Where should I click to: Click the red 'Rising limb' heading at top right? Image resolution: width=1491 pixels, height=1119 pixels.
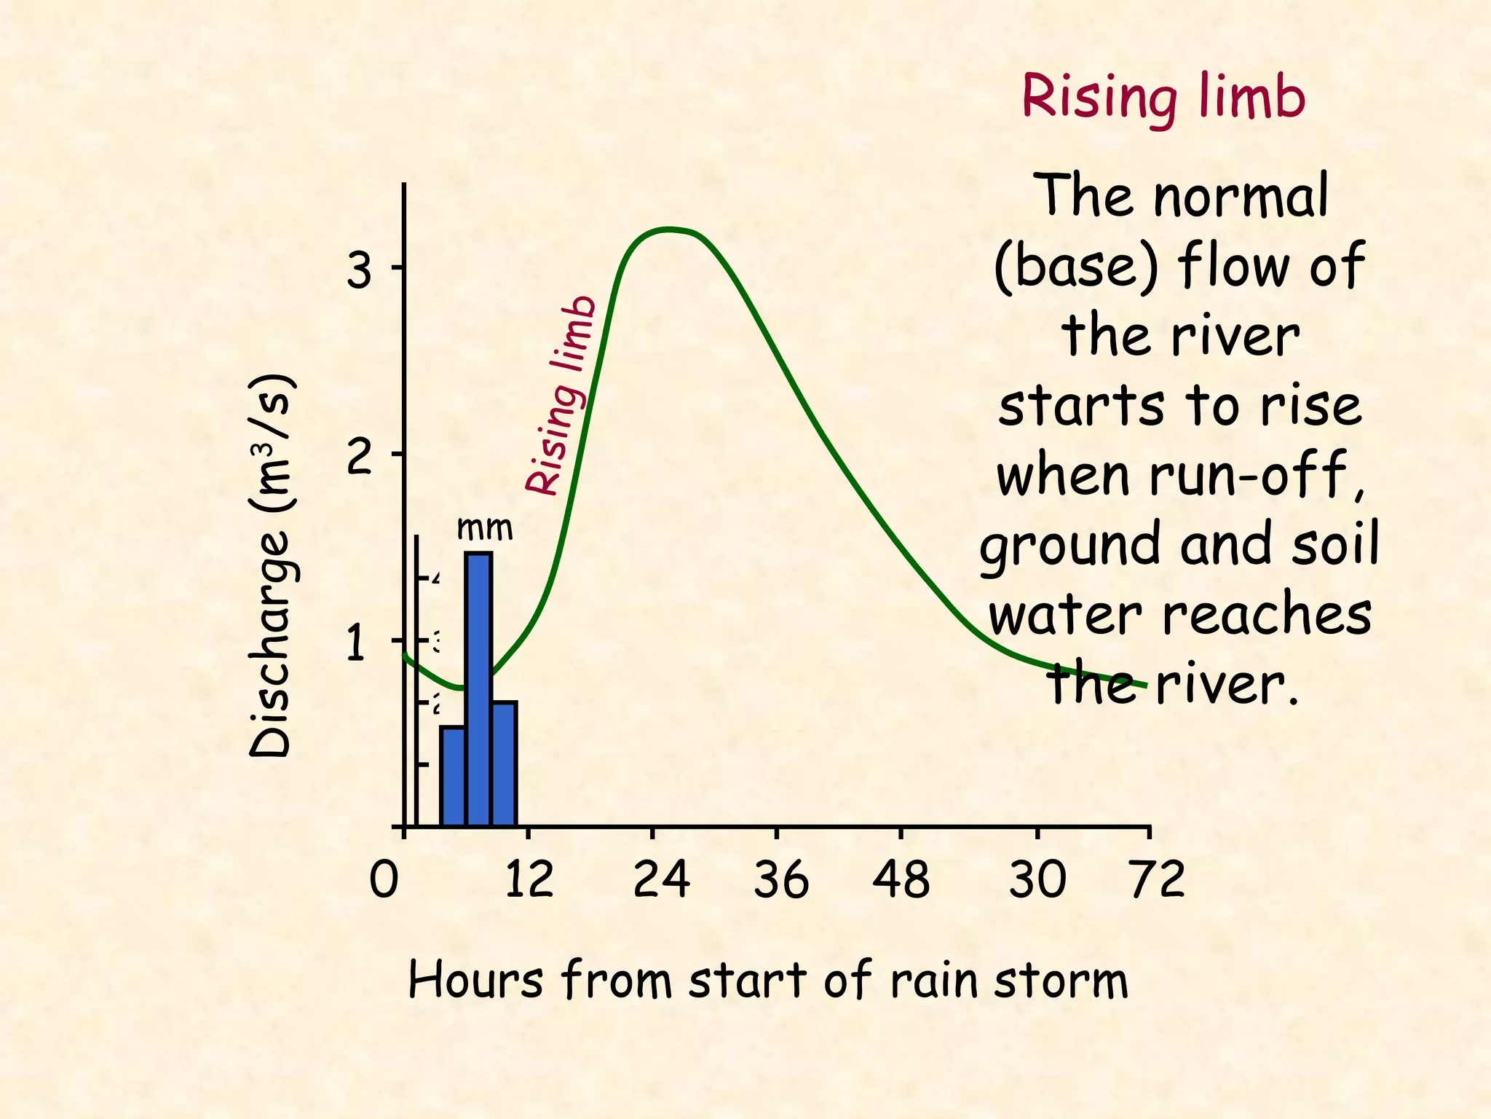1163,98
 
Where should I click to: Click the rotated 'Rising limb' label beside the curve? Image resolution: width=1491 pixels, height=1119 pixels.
561,396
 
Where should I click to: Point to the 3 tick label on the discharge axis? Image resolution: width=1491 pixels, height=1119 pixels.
358,271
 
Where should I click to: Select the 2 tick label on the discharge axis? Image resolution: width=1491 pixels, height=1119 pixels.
358,458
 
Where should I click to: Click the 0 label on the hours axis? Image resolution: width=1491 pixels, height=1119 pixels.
384,880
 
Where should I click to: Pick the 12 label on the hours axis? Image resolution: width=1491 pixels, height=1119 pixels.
529,880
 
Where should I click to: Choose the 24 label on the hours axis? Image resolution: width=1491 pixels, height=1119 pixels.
661,880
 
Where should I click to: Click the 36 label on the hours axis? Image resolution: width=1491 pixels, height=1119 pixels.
780,880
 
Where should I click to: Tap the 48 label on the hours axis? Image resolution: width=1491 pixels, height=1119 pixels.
901,880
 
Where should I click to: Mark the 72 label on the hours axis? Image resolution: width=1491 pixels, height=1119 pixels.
1158,880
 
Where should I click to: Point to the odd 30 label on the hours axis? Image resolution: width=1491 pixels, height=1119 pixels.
1037,880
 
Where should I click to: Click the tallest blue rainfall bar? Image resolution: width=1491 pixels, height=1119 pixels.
478,688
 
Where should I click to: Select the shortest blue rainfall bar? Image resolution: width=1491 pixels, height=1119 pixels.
452,776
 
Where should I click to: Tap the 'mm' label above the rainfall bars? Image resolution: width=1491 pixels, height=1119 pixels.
484,528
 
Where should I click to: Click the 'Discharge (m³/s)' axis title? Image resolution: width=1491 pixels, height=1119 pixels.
271,567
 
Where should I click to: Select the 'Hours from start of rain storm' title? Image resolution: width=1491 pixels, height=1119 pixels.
768,981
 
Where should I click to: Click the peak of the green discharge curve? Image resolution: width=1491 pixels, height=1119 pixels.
668,229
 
